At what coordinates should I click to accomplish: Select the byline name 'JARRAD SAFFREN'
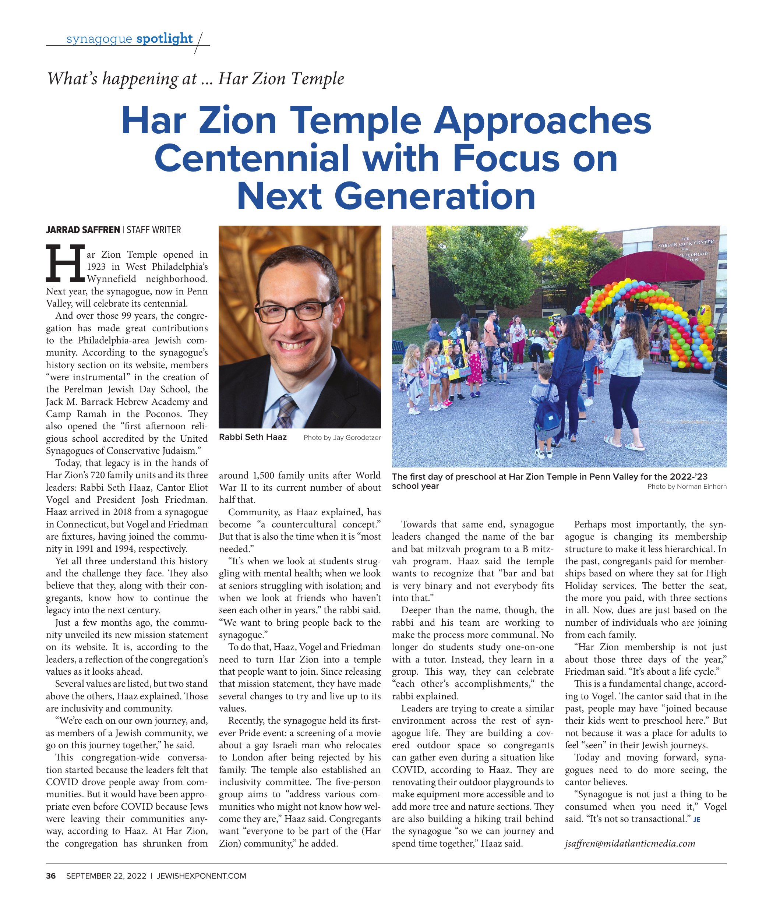83,230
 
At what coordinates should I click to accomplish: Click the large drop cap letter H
65,263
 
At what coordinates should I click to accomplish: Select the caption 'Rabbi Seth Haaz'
253,437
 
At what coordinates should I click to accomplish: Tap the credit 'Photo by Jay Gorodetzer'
342,438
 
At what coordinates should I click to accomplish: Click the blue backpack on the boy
548,416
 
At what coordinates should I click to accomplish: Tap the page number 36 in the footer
51,876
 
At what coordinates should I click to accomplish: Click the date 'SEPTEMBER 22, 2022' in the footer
106,876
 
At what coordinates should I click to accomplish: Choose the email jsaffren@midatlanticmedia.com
630,844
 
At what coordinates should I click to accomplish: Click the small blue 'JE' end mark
696,819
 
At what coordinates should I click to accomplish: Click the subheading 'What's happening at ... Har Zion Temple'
195,79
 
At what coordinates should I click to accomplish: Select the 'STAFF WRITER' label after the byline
154,230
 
